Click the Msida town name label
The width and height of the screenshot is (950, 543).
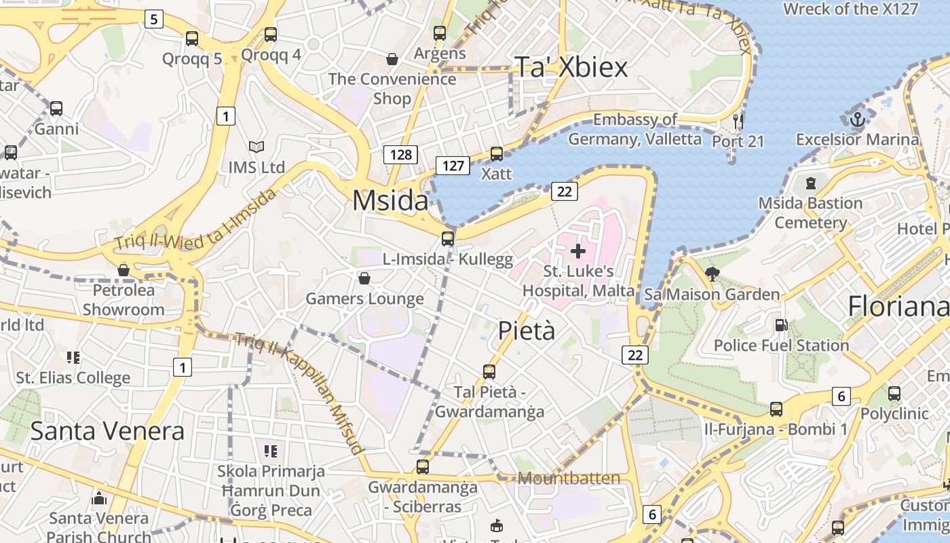pos(390,200)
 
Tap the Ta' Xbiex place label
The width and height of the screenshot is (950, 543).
pos(571,67)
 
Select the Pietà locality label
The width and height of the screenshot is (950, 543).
pos(527,331)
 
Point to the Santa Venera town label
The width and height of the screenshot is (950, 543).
pos(107,430)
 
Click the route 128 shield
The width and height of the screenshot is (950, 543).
pos(400,155)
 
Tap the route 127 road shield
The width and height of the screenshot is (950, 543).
pos(453,165)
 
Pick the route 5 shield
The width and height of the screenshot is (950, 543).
pos(154,19)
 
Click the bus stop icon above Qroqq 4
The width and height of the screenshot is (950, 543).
pos(271,35)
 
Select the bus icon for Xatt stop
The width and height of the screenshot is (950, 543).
pos(497,154)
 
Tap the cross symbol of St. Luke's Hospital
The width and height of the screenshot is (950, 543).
pos(578,252)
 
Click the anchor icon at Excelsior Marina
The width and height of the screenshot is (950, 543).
pos(858,119)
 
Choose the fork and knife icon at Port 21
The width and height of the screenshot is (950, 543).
pos(738,121)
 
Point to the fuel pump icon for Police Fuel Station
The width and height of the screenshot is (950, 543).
pos(781,325)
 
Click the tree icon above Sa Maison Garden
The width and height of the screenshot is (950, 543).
pos(712,274)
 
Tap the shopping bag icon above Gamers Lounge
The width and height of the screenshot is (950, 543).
pos(364,278)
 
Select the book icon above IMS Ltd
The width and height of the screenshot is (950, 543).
pos(256,147)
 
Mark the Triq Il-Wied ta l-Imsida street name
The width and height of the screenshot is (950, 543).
pos(195,219)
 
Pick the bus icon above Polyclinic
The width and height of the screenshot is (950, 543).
pos(894,393)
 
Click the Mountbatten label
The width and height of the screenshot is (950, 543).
pos(569,478)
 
